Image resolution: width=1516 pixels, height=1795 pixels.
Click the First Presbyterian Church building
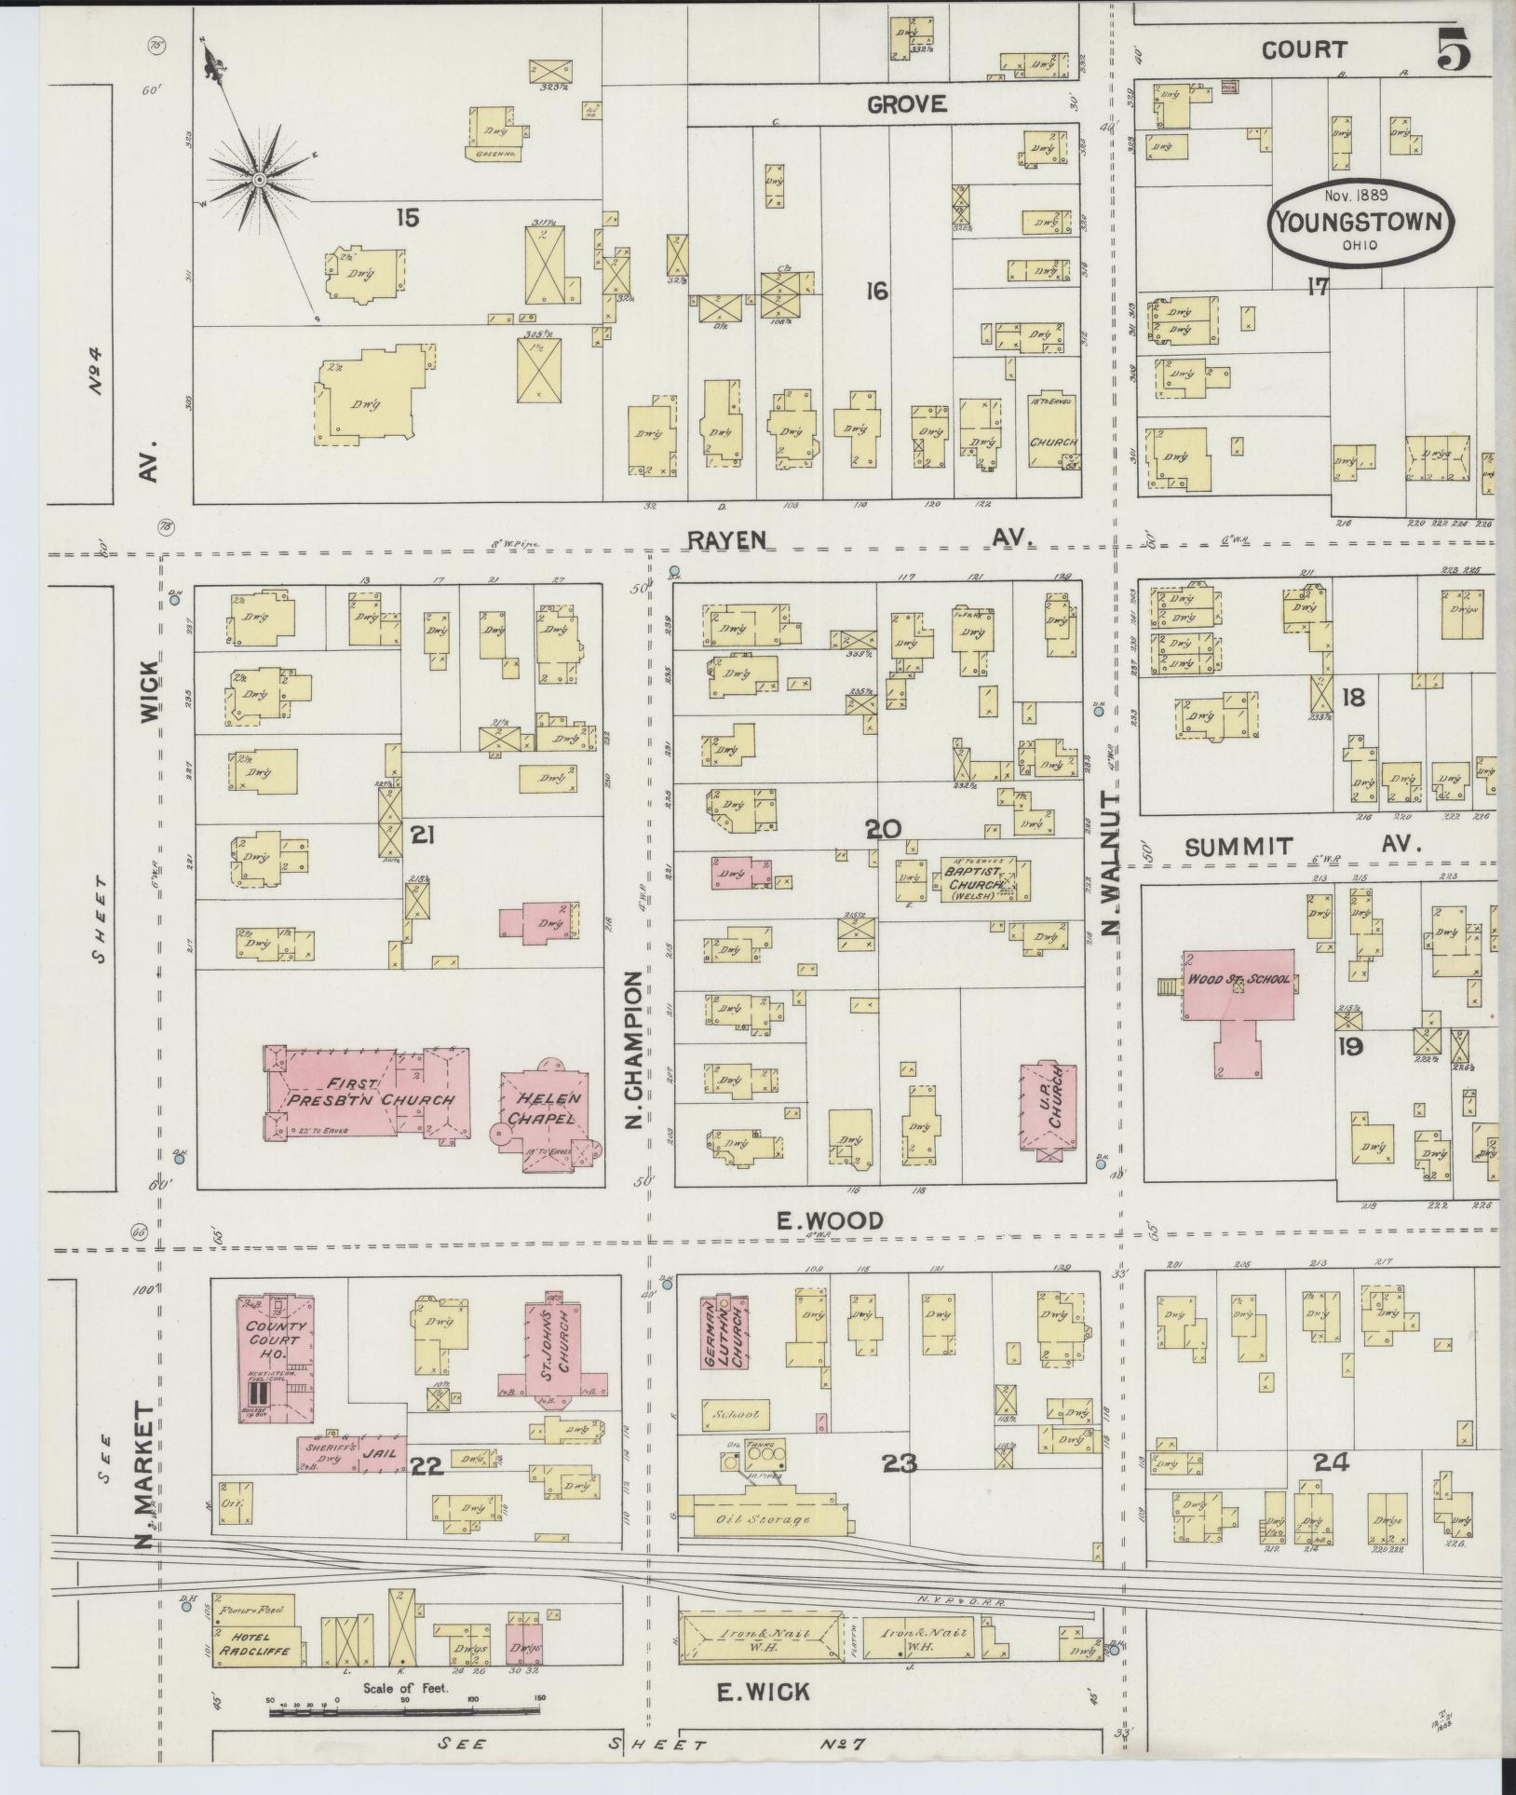(368, 1092)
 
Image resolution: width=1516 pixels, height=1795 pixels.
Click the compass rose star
(259, 179)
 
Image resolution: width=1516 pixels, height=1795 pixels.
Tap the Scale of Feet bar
(405, 1708)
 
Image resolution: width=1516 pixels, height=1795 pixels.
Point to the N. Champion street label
(635, 1049)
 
